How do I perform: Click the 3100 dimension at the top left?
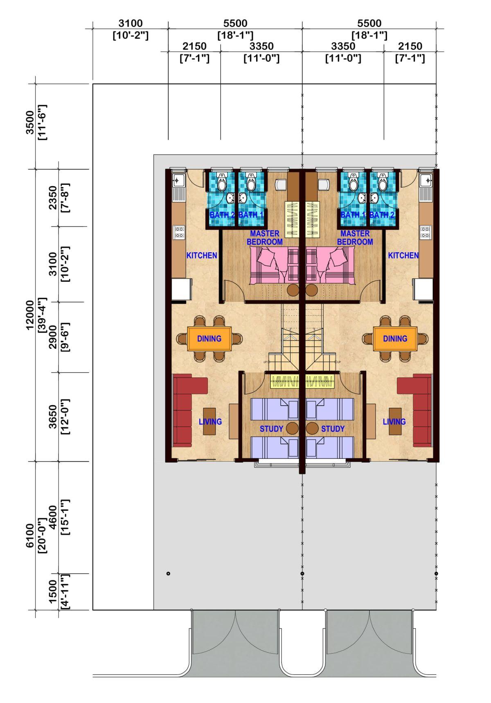point(131,24)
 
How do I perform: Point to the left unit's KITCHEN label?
point(202,256)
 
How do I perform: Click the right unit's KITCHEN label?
point(403,256)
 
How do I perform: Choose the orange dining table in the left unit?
point(209,339)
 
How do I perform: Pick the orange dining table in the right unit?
point(395,339)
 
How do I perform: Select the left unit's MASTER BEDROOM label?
point(264,238)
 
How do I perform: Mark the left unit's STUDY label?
point(271,429)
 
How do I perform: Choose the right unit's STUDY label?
point(333,429)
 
